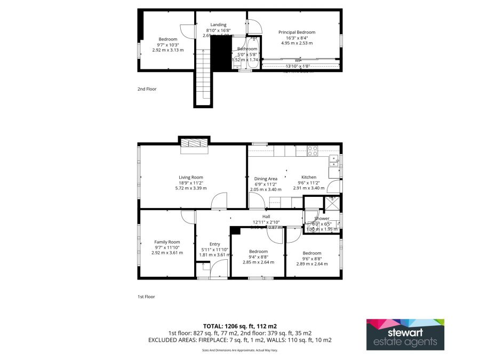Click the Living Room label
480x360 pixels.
pos(190,178)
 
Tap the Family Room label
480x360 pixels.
pos(167,242)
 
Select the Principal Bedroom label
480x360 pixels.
pos(297,33)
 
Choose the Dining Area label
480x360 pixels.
pos(265,179)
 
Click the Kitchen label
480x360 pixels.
pos(309,177)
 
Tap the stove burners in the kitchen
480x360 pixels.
pos(313,150)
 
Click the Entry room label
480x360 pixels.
pos(214,244)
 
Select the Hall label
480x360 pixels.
pos(266,217)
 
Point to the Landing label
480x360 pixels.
pos(218,25)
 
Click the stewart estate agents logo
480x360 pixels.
pos(405,334)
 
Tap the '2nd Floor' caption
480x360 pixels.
pos(147,89)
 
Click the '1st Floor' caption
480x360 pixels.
pos(146,296)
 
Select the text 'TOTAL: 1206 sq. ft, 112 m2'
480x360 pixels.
pos(239,325)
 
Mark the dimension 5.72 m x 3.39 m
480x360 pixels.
pos(190,188)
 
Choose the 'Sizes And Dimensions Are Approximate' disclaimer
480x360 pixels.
pos(239,350)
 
